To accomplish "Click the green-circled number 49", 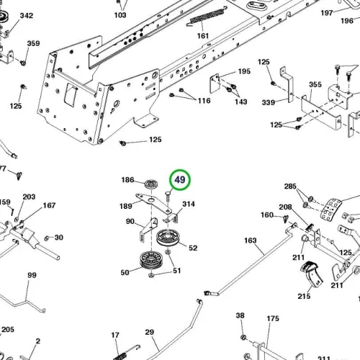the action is pos(180,180).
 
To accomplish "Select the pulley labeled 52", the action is pos(168,238).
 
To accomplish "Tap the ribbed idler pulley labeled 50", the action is pos(151,261).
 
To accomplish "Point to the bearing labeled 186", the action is pos(151,184).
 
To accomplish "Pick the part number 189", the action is pos(126,206).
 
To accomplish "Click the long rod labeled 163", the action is pos(250,260).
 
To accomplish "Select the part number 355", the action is pos(315,84).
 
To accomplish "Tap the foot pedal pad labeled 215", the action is pos(312,274).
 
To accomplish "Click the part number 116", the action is pos(204,101).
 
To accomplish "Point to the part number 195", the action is pos(244,71).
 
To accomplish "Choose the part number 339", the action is pos(269,102).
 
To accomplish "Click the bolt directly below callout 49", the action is pos(167,196).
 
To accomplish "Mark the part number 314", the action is pos(189,204).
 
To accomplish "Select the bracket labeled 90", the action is pos(148,229).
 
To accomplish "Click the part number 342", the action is pos(27,16).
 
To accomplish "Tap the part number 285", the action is pos(290,186).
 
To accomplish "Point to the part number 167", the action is pos(49,205).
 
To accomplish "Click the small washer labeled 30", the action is pos(47,238).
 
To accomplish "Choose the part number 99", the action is pos(32,275).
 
